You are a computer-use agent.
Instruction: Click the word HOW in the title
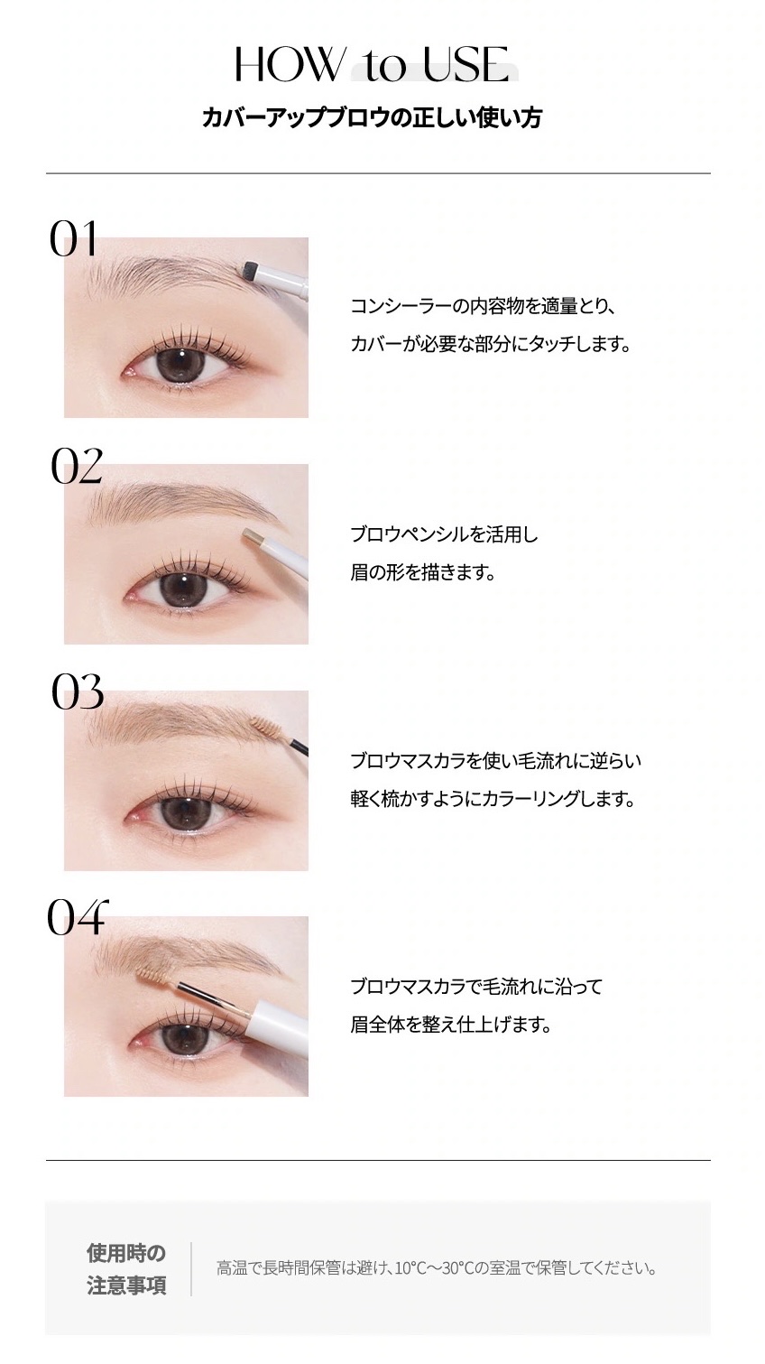[x=289, y=64]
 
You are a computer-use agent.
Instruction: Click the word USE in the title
[x=465, y=64]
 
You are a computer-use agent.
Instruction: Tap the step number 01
[x=73, y=238]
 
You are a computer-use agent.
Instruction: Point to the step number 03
[x=78, y=691]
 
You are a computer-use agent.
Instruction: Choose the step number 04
[x=78, y=917]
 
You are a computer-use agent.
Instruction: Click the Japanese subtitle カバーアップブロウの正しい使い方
[x=372, y=117]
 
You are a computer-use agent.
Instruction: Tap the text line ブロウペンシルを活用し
[x=444, y=534]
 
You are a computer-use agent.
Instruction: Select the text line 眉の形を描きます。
[x=422, y=572]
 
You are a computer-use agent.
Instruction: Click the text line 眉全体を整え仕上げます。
[x=450, y=1025]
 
